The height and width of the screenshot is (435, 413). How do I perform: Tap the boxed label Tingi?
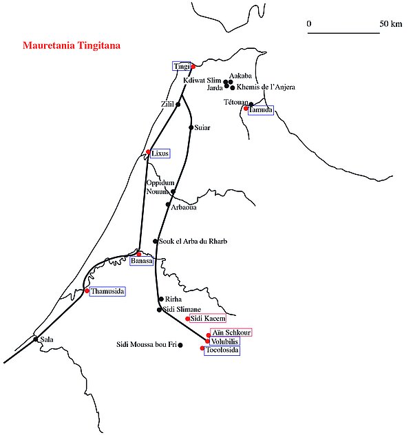tap(180, 66)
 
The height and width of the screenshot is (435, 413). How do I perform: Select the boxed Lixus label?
tap(159, 153)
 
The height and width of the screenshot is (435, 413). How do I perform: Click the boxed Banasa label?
tap(140, 261)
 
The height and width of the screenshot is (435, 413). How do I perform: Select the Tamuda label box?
tap(261, 110)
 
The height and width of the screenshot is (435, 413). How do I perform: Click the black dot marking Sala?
tap(36, 339)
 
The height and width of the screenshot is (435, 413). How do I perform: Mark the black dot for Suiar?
tap(191, 127)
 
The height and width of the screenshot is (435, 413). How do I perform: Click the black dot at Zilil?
tap(178, 105)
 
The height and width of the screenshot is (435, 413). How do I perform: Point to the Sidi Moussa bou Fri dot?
tap(180, 345)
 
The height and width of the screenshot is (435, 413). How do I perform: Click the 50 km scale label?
tap(390, 24)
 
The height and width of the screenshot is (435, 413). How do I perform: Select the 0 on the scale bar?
tap(309, 24)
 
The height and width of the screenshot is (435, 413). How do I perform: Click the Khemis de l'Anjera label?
tap(266, 87)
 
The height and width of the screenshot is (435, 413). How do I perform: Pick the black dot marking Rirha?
tap(160, 299)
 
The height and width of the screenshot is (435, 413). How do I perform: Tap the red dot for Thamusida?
tap(87, 291)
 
